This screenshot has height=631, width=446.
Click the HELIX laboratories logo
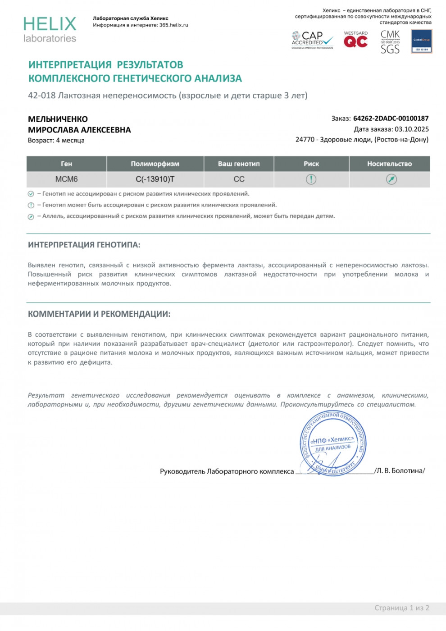50,30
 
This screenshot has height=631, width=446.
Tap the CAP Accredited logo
312,40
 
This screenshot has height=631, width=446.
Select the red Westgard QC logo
355,40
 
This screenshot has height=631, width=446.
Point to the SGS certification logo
390,42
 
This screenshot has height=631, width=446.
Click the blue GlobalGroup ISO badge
422,41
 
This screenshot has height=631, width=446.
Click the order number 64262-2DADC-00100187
391,119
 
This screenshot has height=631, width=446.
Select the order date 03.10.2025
412,129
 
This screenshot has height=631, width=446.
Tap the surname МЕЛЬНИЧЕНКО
58,119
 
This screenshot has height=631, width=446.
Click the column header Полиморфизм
155,164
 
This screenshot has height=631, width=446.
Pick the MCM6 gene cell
66,179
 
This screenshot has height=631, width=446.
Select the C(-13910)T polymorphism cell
155,179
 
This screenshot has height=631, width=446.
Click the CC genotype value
239,179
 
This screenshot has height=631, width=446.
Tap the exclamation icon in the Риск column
311,179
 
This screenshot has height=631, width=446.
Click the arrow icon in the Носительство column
391,179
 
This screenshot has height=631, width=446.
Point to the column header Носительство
389,164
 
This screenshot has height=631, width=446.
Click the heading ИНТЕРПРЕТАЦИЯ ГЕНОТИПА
84,245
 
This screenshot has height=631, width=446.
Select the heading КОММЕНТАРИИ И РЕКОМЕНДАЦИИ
99,314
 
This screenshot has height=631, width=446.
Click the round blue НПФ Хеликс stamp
333,444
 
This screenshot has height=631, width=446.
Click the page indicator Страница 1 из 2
401,608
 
